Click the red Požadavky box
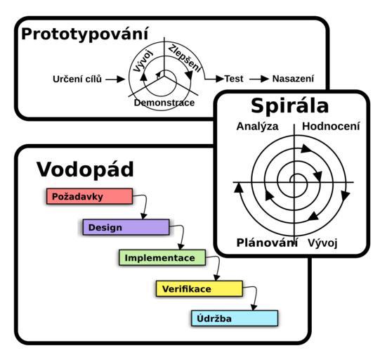(x=89, y=196)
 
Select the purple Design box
(x=126, y=227)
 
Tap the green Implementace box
(x=162, y=257)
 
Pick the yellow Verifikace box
(x=199, y=288)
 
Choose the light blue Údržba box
(x=235, y=318)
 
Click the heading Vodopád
(x=85, y=169)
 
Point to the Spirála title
(x=290, y=105)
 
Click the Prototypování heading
(x=85, y=34)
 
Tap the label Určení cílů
(x=77, y=79)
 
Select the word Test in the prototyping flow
(x=234, y=79)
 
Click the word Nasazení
(x=293, y=79)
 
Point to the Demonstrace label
(x=164, y=103)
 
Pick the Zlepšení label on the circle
(x=185, y=58)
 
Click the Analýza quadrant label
(x=257, y=127)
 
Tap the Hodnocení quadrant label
(x=331, y=126)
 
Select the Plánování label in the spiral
(x=267, y=243)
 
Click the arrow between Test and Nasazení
(x=259, y=79)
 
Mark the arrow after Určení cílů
(x=115, y=79)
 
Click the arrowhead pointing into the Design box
(x=144, y=216)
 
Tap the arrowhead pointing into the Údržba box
(x=254, y=307)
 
